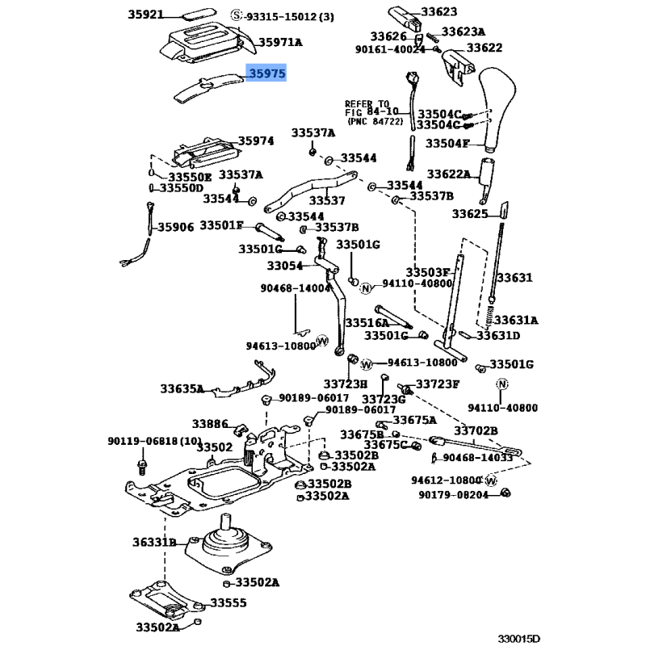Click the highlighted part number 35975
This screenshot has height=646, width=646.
(x=266, y=74)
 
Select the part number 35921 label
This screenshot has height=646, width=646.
(x=145, y=15)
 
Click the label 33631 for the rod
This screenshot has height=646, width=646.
(x=514, y=278)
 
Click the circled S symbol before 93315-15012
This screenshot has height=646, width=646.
(x=236, y=16)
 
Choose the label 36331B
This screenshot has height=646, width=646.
(x=154, y=542)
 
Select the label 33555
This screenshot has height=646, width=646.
(x=229, y=602)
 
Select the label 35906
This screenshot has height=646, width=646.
(x=175, y=228)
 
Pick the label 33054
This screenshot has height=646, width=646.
(x=284, y=266)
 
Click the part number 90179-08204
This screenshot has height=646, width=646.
(x=453, y=495)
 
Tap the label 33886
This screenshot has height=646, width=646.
(x=210, y=423)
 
